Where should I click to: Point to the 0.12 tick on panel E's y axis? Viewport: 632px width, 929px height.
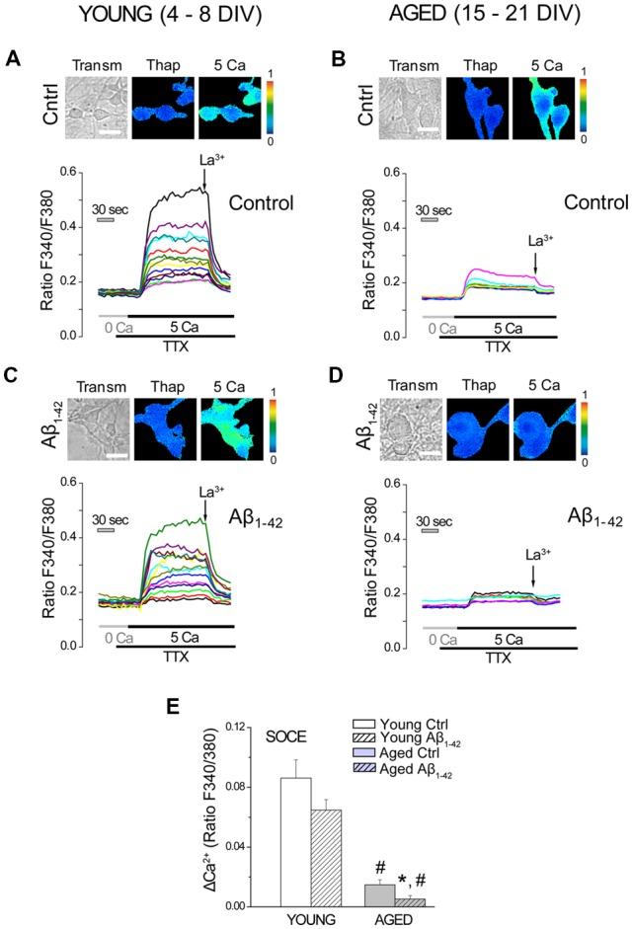coord(235,727)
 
